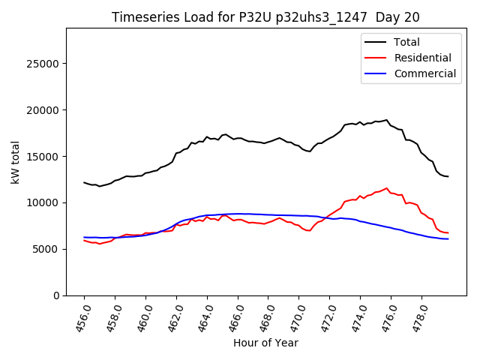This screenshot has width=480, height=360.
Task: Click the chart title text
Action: (x=265, y=17)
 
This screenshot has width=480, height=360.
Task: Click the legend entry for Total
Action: (x=407, y=42)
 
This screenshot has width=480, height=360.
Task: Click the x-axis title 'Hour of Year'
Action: (x=265, y=343)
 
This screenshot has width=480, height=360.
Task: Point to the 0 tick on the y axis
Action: (x=57, y=295)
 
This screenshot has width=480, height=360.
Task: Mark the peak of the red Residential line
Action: (x=387, y=188)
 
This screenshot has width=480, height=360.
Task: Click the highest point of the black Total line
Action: (x=387, y=119)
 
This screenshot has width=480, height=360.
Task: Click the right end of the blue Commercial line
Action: (x=448, y=238)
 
